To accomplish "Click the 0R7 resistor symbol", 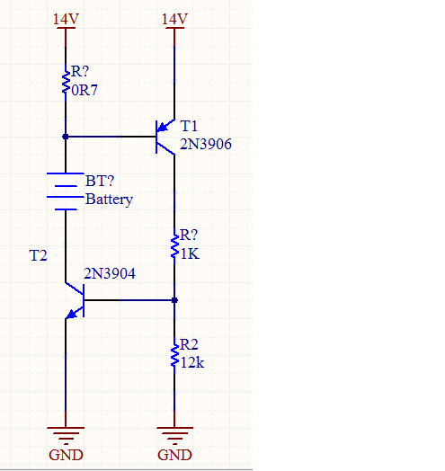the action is pyautogui.click(x=66, y=83).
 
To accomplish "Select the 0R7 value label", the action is pyautogui.click(x=85, y=90).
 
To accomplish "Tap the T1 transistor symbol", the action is pyautogui.click(x=165, y=137).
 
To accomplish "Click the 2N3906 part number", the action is pyautogui.click(x=206, y=144).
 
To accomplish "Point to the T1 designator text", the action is pyautogui.click(x=189, y=126).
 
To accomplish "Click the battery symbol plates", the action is pyautogui.click(x=66, y=191).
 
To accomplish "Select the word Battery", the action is pyautogui.click(x=109, y=200).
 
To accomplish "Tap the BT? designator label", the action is pyautogui.click(x=100, y=181).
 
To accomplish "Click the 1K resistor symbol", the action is pyautogui.click(x=174, y=246).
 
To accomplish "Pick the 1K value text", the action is pyautogui.click(x=190, y=254).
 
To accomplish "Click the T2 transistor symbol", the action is pyautogui.click(x=75, y=300).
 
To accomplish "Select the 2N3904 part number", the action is pyautogui.click(x=110, y=273).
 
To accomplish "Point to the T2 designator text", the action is pyautogui.click(x=38, y=255).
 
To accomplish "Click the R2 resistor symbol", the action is pyautogui.click(x=174, y=355).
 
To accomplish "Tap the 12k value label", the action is pyautogui.click(x=192, y=362).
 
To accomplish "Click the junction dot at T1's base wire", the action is pyautogui.click(x=66, y=137).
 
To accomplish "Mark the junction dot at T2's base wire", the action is pyautogui.click(x=174, y=300).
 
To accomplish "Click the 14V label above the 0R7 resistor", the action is pyautogui.click(x=66, y=19).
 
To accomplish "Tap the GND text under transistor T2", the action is pyautogui.click(x=66, y=455).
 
